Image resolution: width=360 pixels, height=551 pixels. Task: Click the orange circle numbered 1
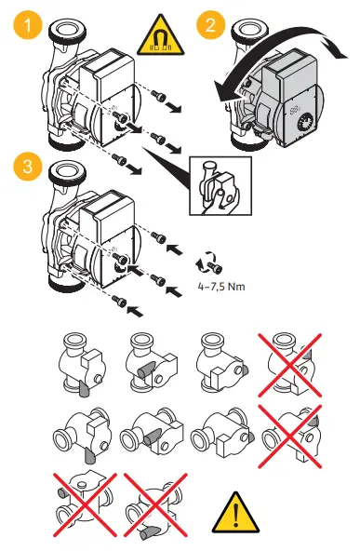[x=28, y=26]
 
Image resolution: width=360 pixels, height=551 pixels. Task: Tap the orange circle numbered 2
[x=211, y=25]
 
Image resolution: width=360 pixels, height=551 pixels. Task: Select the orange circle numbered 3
[x=28, y=166]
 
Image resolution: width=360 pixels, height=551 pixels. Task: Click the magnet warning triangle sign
[x=161, y=36]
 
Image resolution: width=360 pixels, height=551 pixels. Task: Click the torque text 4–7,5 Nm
[x=221, y=287]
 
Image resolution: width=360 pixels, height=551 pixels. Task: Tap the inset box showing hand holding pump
[x=220, y=185]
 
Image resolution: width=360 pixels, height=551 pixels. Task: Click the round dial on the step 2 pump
[x=305, y=124]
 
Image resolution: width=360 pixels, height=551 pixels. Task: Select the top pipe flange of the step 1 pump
[x=66, y=31]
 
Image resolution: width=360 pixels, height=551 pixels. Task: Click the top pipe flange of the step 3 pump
[x=66, y=172]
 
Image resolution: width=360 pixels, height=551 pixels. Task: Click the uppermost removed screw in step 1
[x=158, y=95]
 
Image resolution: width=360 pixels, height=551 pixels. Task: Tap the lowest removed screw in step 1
[x=119, y=159]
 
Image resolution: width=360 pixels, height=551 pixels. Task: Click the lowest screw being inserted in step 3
[x=119, y=300]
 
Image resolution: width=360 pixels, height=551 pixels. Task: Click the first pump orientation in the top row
[x=83, y=365]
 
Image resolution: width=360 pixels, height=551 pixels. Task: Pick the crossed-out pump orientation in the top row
[x=290, y=365]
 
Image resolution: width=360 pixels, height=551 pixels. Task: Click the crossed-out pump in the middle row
[x=290, y=437]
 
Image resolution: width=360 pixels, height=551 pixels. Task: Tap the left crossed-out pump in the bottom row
[x=85, y=504]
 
